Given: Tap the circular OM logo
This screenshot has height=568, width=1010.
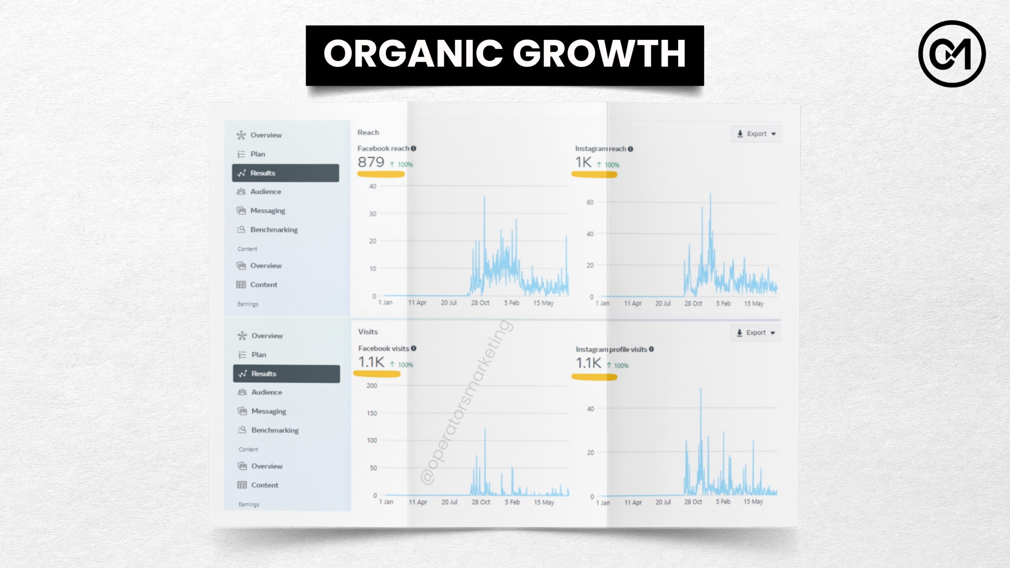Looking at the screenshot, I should pyautogui.click(x=952, y=54).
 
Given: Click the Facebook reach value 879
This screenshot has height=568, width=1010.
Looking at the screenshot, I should pyautogui.click(x=371, y=162).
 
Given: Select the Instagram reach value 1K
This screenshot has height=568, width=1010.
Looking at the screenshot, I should pyautogui.click(x=583, y=162).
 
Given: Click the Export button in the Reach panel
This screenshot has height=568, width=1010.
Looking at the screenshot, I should pyautogui.click(x=756, y=134).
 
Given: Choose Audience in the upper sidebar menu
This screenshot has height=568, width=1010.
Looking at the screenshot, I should pyautogui.click(x=266, y=192).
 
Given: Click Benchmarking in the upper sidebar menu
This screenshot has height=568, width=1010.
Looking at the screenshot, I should pyautogui.click(x=274, y=230).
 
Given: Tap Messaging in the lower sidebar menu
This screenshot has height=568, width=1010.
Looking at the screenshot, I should pyautogui.click(x=269, y=411).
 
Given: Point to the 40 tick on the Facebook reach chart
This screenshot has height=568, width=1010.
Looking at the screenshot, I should pyautogui.click(x=372, y=186).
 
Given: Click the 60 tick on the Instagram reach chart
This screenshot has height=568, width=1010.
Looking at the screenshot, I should pyautogui.click(x=590, y=202).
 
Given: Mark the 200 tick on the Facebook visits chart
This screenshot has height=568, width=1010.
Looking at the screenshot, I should pyautogui.click(x=372, y=386).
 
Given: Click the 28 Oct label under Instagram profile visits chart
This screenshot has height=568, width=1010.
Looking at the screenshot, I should pyautogui.click(x=693, y=502).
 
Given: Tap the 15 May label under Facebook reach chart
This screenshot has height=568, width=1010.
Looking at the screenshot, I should pyautogui.click(x=543, y=303).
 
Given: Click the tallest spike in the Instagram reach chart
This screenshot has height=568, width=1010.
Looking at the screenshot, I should pyautogui.click(x=711, y=194).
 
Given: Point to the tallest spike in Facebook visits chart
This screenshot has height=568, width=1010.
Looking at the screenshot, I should pyautogui.click(x=485, y=430).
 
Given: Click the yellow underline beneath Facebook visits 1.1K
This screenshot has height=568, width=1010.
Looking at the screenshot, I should pyautogui.click(x=377, y=374).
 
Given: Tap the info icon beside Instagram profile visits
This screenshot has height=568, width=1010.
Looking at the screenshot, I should pyautogui.click(x=651, y=349).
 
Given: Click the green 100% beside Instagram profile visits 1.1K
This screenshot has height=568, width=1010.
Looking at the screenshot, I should pyautogui.click(x=621, y=366).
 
